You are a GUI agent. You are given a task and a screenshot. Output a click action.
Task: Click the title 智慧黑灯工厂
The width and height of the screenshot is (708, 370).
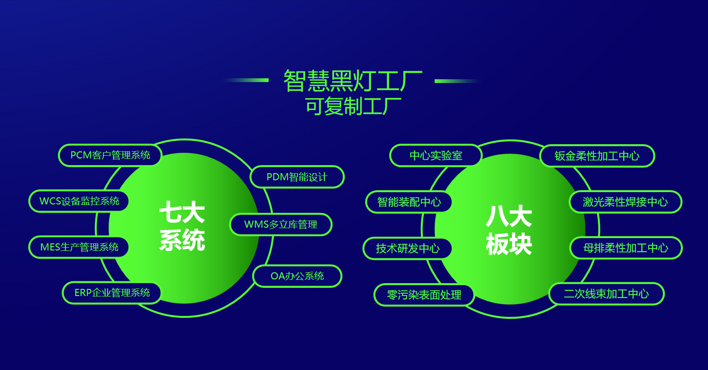coord(353,81)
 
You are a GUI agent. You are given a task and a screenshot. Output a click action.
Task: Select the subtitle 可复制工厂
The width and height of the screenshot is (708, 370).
coord(353,106)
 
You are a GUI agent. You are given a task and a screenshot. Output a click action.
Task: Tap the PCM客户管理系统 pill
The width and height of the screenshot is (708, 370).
coord(110,155)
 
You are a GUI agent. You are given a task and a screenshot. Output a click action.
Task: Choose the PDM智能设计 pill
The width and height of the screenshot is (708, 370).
coord(297,177)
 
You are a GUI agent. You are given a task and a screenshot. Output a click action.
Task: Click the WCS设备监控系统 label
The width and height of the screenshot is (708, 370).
coord(79,201)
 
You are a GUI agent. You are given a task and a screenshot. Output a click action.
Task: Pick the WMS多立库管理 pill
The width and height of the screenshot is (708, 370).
coord(280,225)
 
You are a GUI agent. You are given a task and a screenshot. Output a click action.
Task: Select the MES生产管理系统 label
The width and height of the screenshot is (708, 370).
coord(79,247)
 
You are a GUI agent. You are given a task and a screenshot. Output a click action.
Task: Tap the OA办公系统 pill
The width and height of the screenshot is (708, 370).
coord(297,276)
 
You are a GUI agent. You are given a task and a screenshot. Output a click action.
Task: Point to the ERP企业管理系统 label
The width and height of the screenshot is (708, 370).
coord(112,293)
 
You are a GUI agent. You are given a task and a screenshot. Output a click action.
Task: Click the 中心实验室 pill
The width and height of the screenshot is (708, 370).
coord(436,156)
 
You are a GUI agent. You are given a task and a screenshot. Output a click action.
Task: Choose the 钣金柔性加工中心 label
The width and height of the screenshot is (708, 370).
coord(597,156)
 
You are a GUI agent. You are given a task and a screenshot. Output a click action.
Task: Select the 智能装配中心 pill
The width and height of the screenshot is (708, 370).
coord(409,202)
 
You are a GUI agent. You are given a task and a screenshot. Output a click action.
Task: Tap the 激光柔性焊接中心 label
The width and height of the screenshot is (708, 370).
coord(625,202)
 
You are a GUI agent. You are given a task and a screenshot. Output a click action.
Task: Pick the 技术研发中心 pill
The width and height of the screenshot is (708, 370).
coord(408,249)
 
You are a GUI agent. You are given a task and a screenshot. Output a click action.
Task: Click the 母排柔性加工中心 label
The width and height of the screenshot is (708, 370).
coord(626,248)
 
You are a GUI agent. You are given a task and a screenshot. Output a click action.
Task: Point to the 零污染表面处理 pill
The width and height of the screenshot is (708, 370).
coord(424,295)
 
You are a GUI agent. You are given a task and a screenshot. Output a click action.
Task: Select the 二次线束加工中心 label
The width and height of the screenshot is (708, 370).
coord(606,294)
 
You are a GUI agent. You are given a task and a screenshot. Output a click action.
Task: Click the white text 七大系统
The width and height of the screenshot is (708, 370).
coord(182,226)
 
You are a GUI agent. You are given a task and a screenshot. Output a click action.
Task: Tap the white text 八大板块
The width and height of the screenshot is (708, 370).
coord(509,230)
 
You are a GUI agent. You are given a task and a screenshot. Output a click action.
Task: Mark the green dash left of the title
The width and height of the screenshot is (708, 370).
coord(246,80)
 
